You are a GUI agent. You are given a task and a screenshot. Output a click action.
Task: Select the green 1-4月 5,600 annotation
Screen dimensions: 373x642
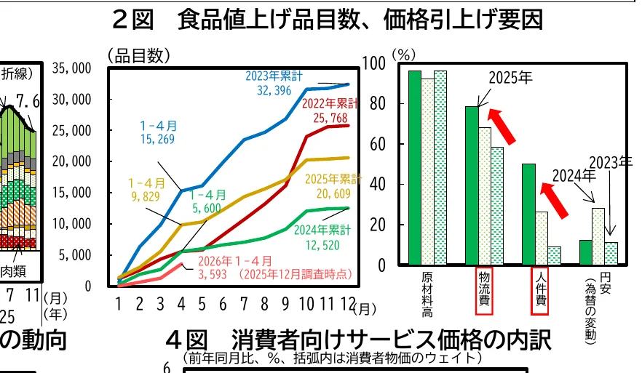pos(207,201)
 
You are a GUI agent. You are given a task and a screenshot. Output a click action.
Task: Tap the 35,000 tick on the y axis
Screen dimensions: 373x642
pos(71,68)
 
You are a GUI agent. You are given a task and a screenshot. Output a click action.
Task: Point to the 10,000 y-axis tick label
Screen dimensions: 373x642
pos(71,224)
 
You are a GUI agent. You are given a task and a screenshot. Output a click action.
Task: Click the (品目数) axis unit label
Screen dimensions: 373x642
pos(138,55)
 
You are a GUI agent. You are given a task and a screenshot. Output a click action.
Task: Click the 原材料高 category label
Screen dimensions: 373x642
pos(427,295)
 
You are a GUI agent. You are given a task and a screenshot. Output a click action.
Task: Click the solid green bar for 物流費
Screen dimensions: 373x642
pos(472,185)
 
